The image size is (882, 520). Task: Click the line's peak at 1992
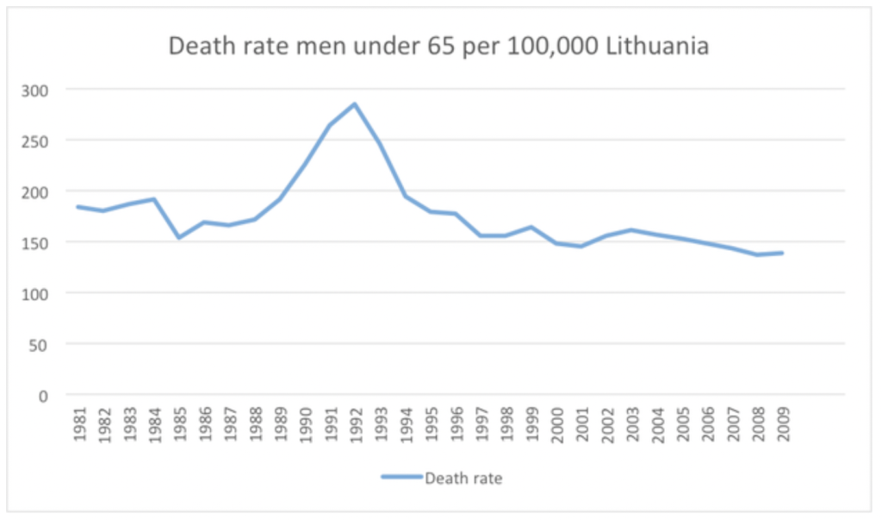click(x=354, y=104)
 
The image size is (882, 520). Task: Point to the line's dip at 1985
click(x=178, y=237)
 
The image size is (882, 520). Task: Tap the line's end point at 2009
click(x=782, y=253)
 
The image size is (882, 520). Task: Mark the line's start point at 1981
click(x=78, y=206)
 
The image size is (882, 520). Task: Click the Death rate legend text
click(x=463, y=477)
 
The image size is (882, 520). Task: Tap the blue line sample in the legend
click(x=401, y=477)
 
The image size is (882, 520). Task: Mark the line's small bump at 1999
click(x=531, y=227)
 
